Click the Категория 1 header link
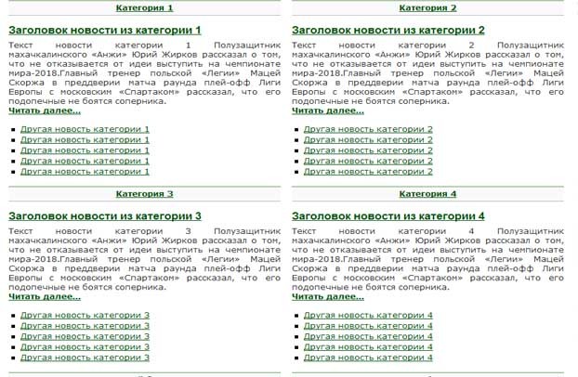point(144,8)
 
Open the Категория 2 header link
point(427,8)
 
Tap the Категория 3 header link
point(144,194)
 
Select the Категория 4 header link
point(427,194)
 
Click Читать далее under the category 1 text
point(45,110)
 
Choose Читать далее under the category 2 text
point(328,110)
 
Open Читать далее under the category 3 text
point(45,297)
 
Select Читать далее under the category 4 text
point(328,297)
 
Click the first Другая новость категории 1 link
point(85,129)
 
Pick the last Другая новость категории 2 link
point(368,172)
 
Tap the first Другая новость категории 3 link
point(85,315)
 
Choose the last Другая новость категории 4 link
point(368,357)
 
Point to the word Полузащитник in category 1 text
point(247,45)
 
